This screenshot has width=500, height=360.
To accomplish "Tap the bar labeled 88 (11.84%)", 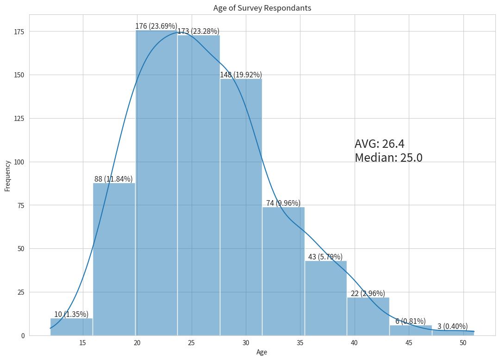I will [114, 259].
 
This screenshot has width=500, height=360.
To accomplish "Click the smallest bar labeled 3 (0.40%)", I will [453, 333].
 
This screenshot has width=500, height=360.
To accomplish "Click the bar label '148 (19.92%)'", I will [241, 75].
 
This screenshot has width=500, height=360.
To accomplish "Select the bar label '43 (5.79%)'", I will [325, 257].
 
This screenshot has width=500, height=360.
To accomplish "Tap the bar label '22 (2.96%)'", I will [368, 293].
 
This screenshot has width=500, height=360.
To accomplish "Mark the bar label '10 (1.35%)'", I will [71, 314].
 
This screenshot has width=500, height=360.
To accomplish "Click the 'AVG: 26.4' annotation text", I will [379, 144].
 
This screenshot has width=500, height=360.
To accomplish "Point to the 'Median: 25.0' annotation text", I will [388, 158].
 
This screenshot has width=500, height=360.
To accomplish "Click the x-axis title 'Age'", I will [262, 352].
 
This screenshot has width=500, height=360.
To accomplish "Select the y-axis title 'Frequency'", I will [7, 176].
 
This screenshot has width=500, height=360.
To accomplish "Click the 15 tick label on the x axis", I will [83, 343].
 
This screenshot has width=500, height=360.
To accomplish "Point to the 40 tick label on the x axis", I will [355, 343].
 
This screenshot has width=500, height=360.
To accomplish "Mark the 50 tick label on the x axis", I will [463, 343].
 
